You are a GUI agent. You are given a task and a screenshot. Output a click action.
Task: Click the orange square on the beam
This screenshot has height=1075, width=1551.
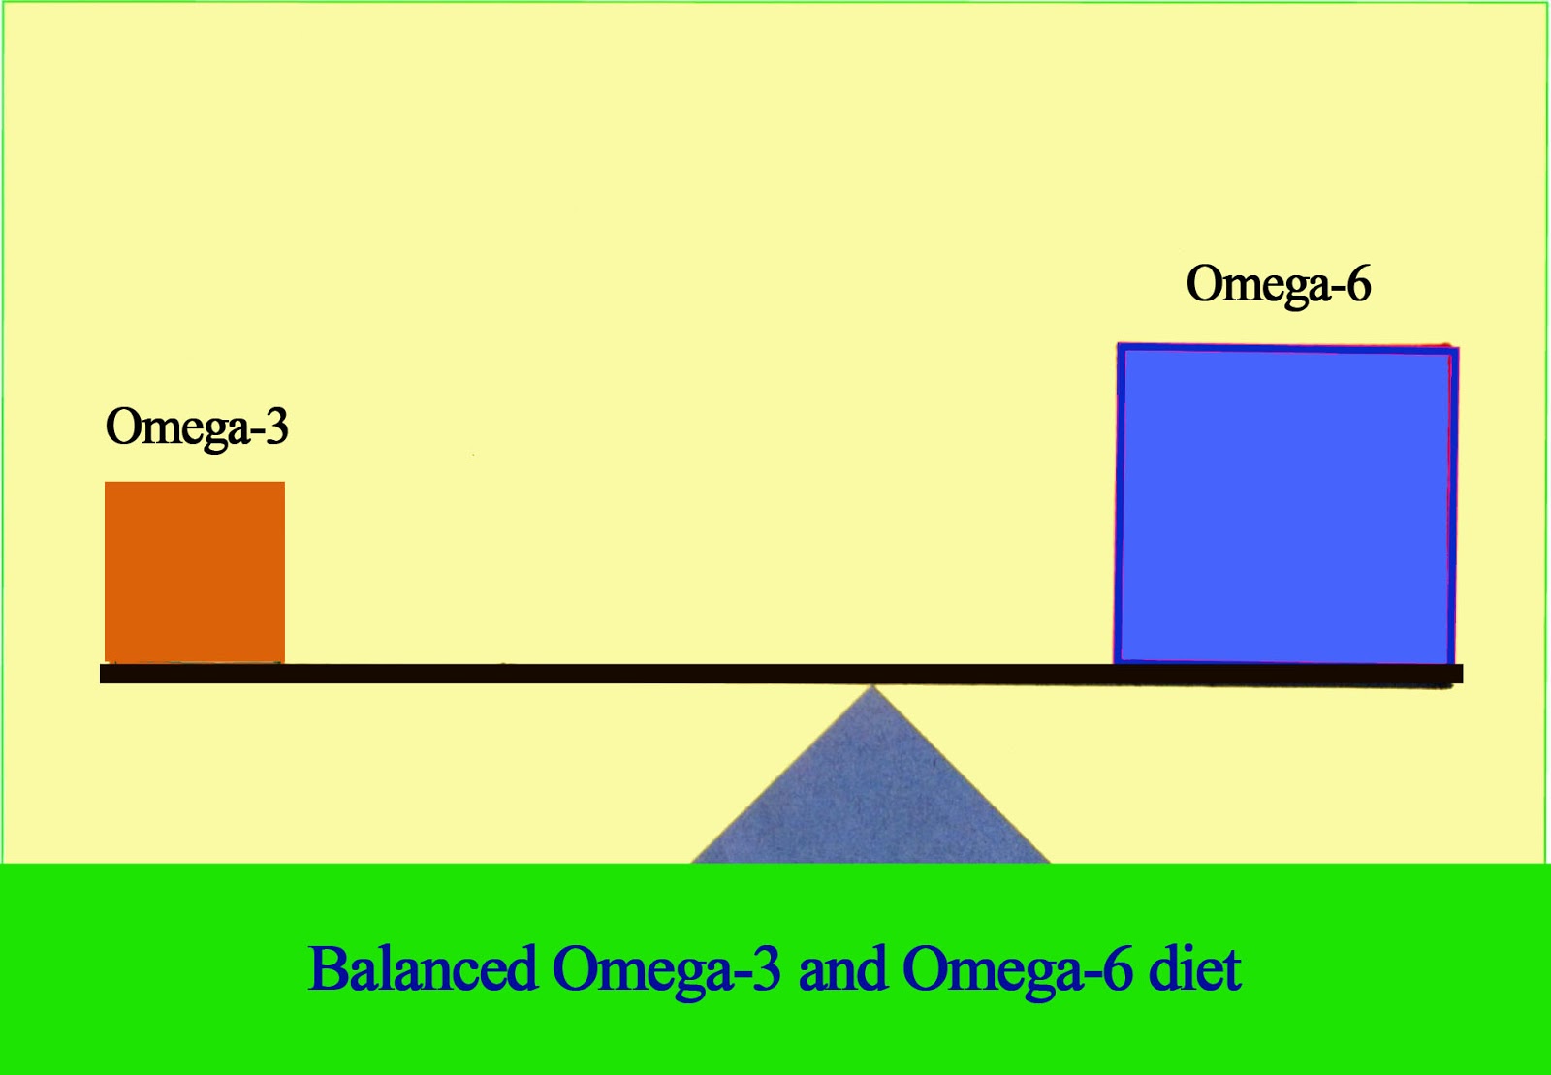click(x=195, y=572)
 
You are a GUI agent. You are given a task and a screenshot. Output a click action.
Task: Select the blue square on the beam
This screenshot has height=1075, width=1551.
click(x=1286, y=504)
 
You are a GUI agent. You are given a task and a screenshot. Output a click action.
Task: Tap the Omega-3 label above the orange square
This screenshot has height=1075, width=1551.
click(x=197, y=427)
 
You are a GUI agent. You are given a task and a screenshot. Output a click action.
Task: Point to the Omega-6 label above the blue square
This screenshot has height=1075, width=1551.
click(x=1279, y=285)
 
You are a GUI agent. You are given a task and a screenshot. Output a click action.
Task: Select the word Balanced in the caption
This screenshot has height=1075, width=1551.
click(x=423, y=968)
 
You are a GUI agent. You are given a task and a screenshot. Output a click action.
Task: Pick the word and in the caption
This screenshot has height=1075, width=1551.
click(x=841, y=968)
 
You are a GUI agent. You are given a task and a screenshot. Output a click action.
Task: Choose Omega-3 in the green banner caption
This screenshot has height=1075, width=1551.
click(x=667, y=968)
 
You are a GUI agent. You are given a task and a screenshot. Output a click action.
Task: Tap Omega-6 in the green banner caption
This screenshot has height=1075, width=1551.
click(x=1017, y=968)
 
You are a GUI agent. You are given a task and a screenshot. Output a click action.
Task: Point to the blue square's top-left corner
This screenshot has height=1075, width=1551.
click(x=1120, y=346)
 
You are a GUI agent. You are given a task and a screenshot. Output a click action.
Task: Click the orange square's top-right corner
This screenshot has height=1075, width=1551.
click(x=283, y=483)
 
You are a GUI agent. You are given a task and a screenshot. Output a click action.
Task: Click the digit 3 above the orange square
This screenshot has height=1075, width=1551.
click(x=277, y=427)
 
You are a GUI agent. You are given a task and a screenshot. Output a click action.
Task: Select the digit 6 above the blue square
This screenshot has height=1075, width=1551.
click(x=1359, y=285)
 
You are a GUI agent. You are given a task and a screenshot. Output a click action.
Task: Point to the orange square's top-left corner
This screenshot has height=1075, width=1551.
click(x=107, y=483)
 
